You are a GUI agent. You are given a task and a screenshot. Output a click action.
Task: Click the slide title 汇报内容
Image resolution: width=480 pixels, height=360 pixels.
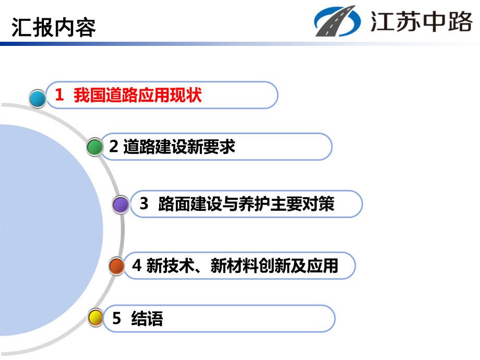tap(54, 27)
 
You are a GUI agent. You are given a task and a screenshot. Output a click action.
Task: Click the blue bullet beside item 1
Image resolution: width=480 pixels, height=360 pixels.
tap(38, 98)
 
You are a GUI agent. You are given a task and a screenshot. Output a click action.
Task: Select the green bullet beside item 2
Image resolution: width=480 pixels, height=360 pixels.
tap(95, 147)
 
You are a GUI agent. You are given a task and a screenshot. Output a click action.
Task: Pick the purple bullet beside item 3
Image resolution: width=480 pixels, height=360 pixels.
tap(121, 205)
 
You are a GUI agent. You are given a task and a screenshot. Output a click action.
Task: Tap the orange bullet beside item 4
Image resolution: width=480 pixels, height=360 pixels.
tap(117, 266)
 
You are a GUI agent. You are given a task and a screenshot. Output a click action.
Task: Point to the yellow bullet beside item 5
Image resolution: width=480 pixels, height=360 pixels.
tap(95, 317)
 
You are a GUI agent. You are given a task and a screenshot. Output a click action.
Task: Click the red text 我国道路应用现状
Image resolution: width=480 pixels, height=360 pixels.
tap(138, 95)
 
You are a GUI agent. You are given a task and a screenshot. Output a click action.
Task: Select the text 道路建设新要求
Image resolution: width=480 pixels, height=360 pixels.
tap(179, 147)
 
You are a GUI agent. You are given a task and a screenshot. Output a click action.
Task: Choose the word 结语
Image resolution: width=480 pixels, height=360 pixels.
tap(148, 318)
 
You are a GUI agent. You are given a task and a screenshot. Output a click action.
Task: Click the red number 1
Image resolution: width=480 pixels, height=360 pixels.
tap(59, 95)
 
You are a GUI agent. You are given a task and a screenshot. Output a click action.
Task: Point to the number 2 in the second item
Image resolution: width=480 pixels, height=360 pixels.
tap(114, 147)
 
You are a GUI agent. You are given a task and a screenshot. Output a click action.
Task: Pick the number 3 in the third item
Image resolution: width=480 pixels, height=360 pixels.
tap(144, 204)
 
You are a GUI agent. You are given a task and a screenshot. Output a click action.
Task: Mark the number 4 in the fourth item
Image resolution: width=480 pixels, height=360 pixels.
tap(137, 266)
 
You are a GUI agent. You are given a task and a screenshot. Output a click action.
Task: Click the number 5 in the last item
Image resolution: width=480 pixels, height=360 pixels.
tap(117, 318)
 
